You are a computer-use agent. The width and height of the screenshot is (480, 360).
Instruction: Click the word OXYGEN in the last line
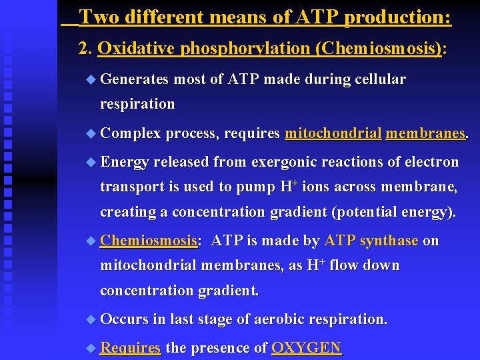coord(306,347)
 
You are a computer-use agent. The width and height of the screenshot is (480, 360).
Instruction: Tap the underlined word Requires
coord(131,347)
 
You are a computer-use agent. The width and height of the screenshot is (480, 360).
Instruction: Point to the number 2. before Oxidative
coord(85,48)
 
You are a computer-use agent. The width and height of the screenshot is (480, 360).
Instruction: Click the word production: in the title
coord(397,17)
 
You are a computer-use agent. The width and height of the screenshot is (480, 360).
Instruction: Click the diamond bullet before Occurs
coord(91,319)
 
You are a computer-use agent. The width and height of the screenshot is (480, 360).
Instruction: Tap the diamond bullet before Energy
coord(91,162)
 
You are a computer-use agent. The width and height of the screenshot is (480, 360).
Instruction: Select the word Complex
coord(131,134)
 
